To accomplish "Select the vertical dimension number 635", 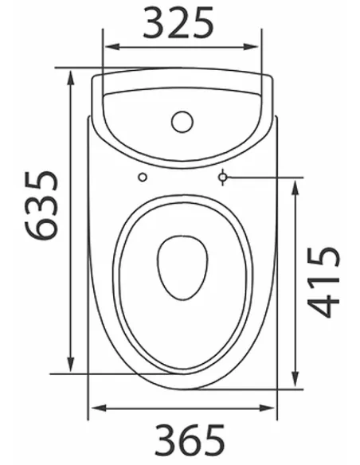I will coord(40,205).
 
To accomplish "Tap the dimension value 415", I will coord(323,282).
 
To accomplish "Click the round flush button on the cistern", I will coord(182,122).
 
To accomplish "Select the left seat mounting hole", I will coord(143,177).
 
